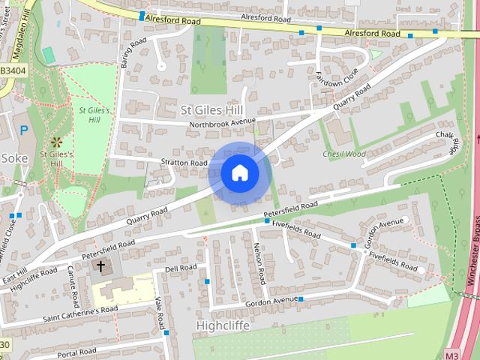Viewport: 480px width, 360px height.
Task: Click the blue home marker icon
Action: pyautogui.click(x=240, y=172)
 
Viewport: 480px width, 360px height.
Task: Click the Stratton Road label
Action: pyautogui.click(x=183, y=162)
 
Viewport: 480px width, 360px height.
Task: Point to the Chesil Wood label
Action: pyautogui.click(x=343, y=154)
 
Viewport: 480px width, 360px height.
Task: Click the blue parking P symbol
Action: pyautogui.click(x=24, y=130)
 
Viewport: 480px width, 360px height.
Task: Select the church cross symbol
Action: pyautogui.click(x=100, y=266)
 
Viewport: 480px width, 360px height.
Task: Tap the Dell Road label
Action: pyautogui.click(x=180, y=268)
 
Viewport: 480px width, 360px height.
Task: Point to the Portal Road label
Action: pyautogui.click(x=78, y=352)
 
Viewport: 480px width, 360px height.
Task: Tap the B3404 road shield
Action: pyautogui.click(x=13, y=70)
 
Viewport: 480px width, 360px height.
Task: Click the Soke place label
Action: pyautogui.click(x=13, y=158)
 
